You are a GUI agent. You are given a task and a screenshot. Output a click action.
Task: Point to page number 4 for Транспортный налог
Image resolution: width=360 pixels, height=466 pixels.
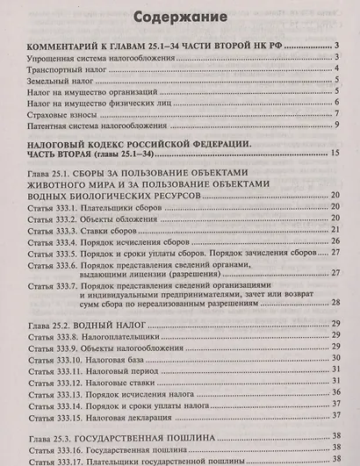336,68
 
